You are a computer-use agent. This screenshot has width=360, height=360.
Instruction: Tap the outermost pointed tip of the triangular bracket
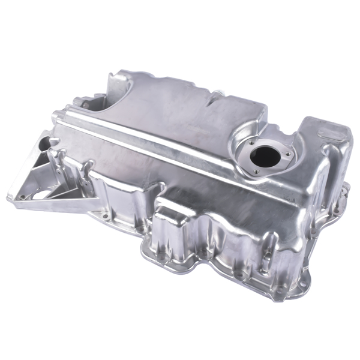[x=11, y=194]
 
